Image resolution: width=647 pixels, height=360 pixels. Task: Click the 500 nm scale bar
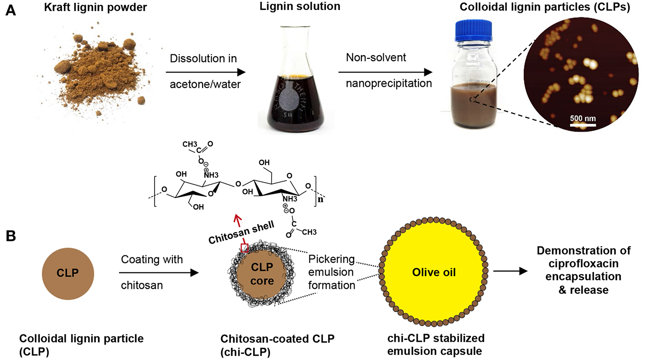tap(583, 124)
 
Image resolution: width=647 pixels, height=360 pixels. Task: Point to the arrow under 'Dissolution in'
tap(205, 72)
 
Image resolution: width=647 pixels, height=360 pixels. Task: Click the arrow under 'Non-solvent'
tap(385, 72)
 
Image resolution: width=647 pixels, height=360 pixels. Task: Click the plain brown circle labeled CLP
tap(68, 273)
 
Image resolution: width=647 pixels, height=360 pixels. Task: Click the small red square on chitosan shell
tap(244, 248)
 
